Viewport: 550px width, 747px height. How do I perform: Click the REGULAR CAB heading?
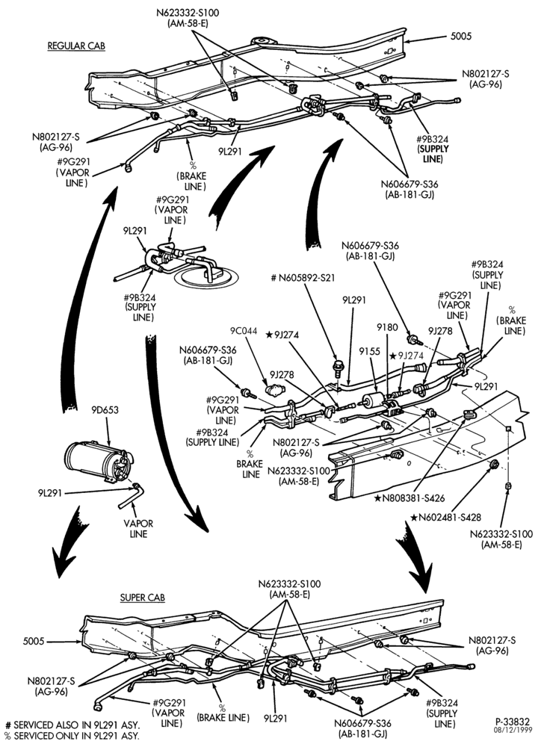coord(76,46)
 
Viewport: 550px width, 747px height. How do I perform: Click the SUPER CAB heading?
coord(143,598)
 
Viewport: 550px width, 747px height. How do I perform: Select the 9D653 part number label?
coord(105,409)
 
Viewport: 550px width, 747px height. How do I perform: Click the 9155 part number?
coord(369,351)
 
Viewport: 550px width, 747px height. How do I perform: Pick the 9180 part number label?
coord(387,327)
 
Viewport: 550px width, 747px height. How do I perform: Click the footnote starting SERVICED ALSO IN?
coord(72,725)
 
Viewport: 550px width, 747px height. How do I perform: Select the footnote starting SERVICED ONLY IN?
coord(72,736)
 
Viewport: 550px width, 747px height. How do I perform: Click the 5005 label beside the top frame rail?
coord(461,36)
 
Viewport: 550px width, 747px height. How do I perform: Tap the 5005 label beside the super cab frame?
coord(34,641)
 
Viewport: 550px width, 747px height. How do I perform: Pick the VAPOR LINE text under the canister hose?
coord(138,529)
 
